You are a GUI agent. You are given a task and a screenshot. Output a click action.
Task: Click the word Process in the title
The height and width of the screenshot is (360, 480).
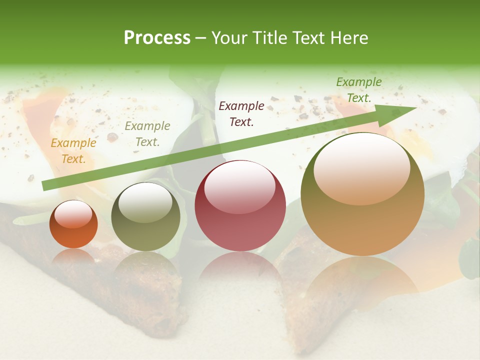click(x=157, y=38)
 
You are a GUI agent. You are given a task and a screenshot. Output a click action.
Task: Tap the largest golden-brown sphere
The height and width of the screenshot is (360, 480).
click(x=362, y=200)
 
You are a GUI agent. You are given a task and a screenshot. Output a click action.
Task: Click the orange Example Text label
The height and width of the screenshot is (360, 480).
click(x=73, y=151)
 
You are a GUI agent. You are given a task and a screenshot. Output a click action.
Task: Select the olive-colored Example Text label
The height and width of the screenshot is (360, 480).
click(x=147, y=134)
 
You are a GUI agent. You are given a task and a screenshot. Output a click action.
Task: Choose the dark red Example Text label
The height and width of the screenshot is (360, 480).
click(x=241, y=113)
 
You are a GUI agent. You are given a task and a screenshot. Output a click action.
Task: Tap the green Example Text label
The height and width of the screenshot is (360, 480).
click(x=358, y=90)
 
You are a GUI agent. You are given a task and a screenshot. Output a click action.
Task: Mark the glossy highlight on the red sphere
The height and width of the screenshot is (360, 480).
click(x=240, y=187)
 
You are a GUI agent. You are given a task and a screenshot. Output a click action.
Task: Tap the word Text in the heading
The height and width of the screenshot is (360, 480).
click(x=305, y=38)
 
